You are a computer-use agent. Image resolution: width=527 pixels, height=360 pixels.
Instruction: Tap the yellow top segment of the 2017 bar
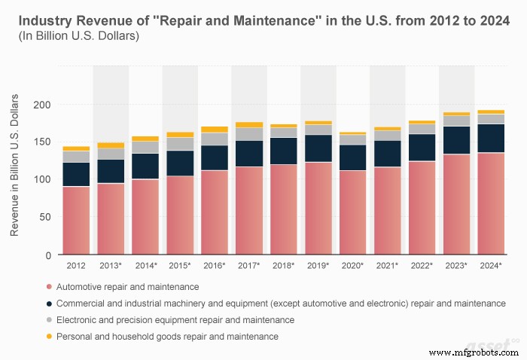coord(249,124)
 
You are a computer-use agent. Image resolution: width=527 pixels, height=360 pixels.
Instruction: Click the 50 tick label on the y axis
coord(44,217)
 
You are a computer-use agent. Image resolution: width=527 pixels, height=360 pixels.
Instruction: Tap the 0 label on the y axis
coord(47,255)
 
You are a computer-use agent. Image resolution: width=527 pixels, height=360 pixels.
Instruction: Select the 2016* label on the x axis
coord(215,266)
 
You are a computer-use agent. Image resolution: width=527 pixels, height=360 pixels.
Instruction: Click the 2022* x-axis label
coord(421,266)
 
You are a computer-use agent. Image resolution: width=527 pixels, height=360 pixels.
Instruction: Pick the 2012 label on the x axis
coord(76,266)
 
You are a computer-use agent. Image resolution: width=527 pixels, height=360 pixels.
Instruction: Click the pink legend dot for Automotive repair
coord(49,287)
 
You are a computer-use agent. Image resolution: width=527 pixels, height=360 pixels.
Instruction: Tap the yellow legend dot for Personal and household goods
coord(49,337)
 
